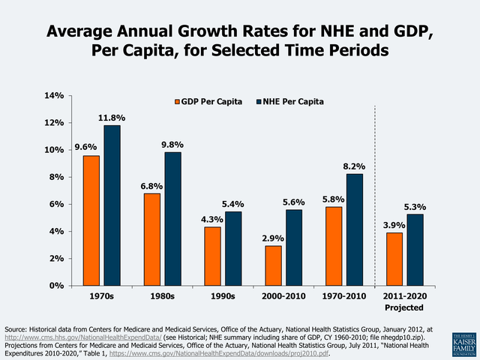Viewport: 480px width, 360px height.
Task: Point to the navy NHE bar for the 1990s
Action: click(x=234, y=248)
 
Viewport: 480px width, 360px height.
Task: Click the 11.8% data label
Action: click(x=112, y=118)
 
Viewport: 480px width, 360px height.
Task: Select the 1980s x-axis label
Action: click(x=162, y=296)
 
